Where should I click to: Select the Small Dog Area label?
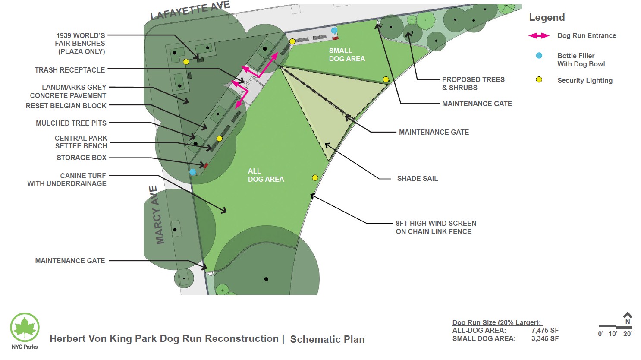pos(347,55)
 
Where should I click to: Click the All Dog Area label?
pos(266,175)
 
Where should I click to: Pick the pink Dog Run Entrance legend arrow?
pos(539,36)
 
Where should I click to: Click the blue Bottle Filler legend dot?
pos(539,56)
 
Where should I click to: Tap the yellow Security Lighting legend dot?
pos(539,80)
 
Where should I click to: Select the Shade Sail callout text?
pos(417,178)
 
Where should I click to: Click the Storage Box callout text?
pos(82,158)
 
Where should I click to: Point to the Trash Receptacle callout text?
pos(70,70)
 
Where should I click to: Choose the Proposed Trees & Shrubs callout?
pos(473,84)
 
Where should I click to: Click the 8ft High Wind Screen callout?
pos(436,227)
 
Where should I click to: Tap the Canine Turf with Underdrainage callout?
pos(67,180)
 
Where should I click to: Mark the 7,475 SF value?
pos(545,331)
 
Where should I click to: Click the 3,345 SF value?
pos(545,339)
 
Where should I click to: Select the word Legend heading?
pos(547,18)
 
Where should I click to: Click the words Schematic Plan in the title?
pos(327,340)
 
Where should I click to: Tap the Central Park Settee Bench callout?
pos(81,142)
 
